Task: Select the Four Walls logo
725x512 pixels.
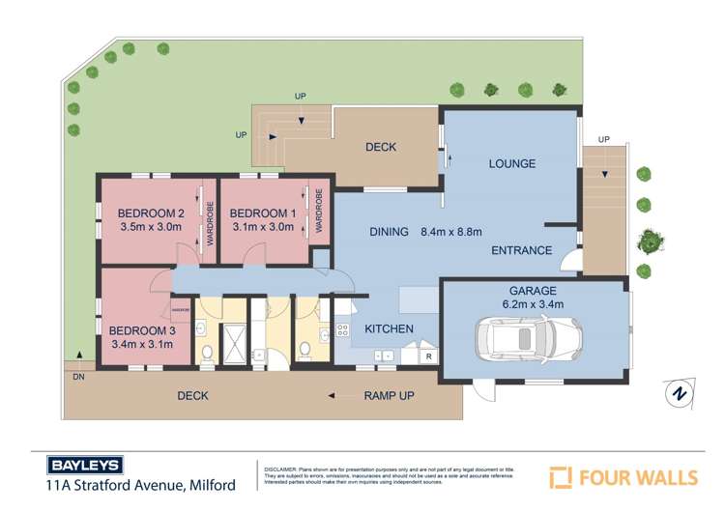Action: click(623, 476)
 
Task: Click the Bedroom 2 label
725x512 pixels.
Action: click(150, 213)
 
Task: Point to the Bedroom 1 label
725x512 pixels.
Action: click(262, 213)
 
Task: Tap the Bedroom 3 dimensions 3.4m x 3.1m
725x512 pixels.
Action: click(141, 344)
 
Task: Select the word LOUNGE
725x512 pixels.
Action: click(511, 164)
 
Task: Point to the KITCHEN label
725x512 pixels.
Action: click(389, 329)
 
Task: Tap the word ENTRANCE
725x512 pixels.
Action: click(521, 251)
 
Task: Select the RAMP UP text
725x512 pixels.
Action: click(389, 396)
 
